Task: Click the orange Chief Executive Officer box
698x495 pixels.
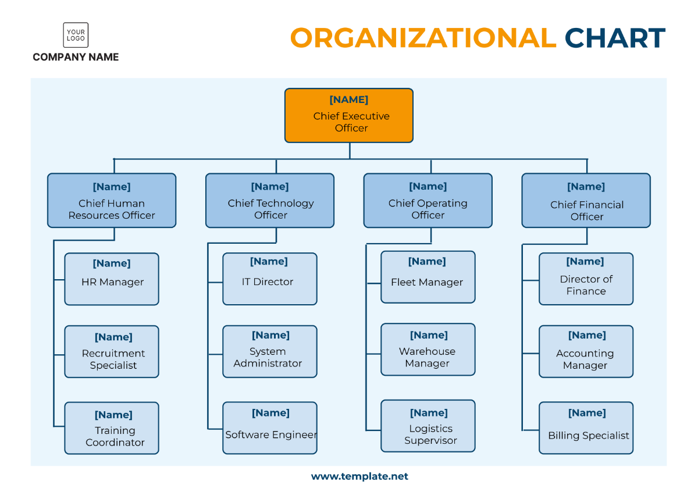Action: [348, 115]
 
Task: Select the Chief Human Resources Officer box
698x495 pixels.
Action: [112, 200]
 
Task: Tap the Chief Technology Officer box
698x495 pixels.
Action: [270, 200]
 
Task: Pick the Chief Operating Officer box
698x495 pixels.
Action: [428, 200]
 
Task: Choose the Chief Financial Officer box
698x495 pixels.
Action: [586, 200]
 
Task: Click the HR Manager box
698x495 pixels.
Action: [112, 279]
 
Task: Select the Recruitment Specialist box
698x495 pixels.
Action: [112, 351]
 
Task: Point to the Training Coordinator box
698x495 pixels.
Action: [112, 428]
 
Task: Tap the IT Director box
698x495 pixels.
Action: [270, 279]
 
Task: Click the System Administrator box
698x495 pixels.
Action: [270, 351]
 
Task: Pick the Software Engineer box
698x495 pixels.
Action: [270, 428]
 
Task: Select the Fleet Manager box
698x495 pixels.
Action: [428, 277]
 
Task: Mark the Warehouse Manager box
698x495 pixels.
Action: [428, 350]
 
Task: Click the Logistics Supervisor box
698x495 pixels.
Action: [428, 426]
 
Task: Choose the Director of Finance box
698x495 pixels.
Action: [586, 279]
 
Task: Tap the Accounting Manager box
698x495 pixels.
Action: [586, 351]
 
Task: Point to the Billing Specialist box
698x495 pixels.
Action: [586, 428]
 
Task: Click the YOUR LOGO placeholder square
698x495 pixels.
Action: [76, 35]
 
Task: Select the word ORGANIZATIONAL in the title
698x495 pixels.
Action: [423, 38]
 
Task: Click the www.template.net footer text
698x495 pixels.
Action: [359, 476]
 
